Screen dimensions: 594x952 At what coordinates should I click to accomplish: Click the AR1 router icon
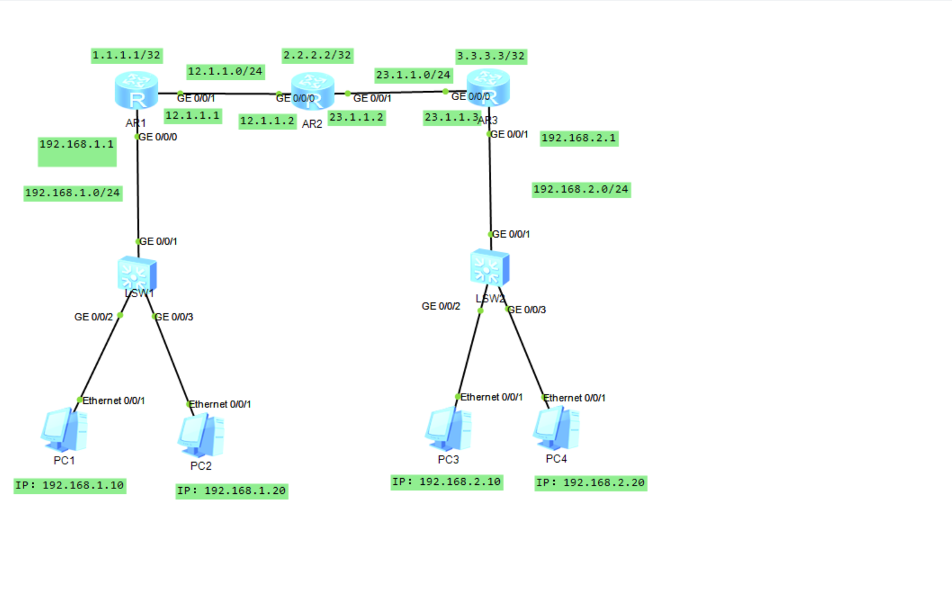136,91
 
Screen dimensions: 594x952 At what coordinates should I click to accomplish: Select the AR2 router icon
313,92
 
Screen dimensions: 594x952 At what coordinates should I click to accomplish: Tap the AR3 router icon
488,88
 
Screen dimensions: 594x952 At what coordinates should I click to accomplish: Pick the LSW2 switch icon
489,268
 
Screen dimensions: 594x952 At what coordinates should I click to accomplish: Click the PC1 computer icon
64,430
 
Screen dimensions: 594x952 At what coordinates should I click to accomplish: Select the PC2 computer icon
201,435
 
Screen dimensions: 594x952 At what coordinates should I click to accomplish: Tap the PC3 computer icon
448,428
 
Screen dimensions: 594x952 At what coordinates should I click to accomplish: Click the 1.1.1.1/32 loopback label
127,56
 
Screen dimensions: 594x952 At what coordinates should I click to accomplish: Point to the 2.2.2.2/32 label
317,56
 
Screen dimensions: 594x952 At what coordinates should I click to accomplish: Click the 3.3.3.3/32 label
491,56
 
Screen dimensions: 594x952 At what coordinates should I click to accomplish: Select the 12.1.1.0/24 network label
225,71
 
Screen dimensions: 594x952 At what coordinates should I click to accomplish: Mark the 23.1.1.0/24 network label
413,75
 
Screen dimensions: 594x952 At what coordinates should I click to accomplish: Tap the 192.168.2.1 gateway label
579,138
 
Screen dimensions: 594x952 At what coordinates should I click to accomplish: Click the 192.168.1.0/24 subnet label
73,193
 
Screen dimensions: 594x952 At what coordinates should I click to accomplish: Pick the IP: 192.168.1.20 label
232,491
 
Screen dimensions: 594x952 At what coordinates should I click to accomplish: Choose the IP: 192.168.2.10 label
447,482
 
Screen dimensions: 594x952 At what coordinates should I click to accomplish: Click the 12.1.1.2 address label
267,121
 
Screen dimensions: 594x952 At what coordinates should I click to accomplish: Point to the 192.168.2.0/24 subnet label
581,190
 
